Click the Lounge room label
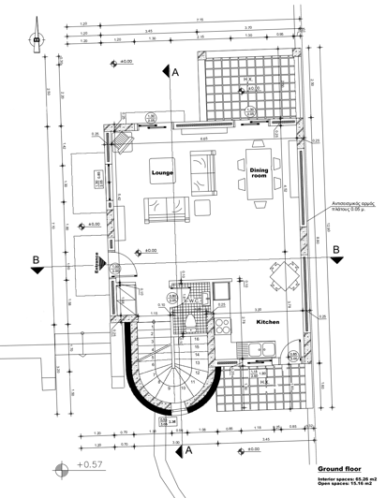point(165,173)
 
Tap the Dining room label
point(260,172)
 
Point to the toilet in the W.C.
point(189,323)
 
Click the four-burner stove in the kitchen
point(224,326)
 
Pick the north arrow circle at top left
point(37,40)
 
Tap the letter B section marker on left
point(36,258)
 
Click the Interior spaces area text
point(350,478)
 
